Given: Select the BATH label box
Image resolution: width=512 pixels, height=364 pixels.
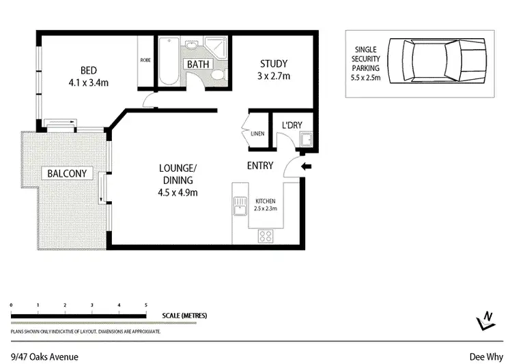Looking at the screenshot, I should click(198, 64).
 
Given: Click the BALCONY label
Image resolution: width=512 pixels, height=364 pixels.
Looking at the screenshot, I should click(67, 173).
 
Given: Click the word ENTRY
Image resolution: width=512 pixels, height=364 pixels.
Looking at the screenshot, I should click(260, 166).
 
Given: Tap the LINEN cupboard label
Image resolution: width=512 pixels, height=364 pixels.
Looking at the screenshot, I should click(257, 134).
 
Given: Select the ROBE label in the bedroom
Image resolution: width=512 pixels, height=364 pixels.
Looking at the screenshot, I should click(145, 60).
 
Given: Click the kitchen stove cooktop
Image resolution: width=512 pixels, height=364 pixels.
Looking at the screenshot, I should click(266, 237).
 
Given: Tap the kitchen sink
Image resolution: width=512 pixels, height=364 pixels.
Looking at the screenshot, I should click(240, 204).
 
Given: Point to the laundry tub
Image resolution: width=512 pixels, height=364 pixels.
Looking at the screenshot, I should click(307, 141).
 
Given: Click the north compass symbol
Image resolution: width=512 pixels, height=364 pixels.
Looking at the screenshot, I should click(486, 320).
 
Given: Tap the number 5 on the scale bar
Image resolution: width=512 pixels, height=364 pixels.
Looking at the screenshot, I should click(145, 305).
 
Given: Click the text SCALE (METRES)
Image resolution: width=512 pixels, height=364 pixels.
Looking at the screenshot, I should click(184, 316).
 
